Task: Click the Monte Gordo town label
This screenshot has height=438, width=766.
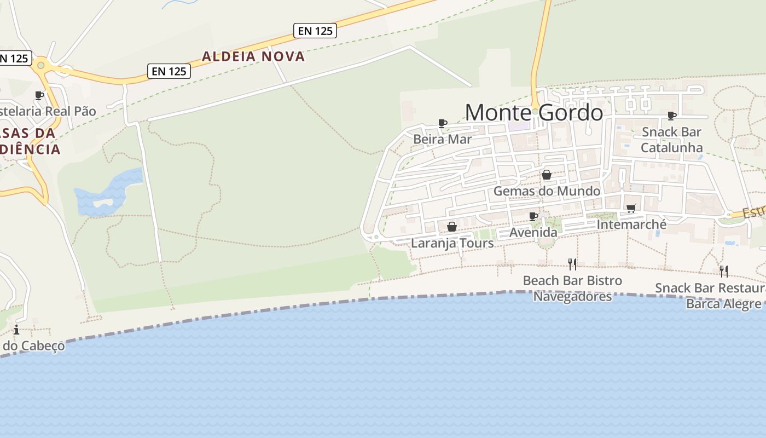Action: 533,113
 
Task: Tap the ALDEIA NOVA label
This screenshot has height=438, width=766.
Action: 253,56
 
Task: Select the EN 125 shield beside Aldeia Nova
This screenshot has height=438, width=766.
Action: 315,31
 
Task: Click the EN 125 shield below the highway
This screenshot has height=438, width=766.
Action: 169,71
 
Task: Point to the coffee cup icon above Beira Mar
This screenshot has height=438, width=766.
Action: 443,123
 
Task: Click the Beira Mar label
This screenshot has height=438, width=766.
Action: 442,139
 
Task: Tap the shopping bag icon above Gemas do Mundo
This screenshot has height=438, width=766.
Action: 546,175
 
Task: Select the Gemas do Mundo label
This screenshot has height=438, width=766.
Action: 547,191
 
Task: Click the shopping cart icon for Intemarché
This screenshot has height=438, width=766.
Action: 631,208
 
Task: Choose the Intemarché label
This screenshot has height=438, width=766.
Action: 631,224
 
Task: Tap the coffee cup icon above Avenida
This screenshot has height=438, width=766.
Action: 533,217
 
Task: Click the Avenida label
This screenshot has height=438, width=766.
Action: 533,233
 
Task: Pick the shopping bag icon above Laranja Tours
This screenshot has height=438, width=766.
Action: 452,227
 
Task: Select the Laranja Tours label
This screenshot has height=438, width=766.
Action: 452,243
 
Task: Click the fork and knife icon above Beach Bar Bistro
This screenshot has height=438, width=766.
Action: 572,264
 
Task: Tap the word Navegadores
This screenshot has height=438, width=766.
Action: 572,297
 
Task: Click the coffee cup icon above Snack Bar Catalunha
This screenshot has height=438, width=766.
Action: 672,116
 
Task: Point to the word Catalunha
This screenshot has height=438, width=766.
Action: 672,147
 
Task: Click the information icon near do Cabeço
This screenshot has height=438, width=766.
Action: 16,330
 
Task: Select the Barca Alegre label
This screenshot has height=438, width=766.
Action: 723,304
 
